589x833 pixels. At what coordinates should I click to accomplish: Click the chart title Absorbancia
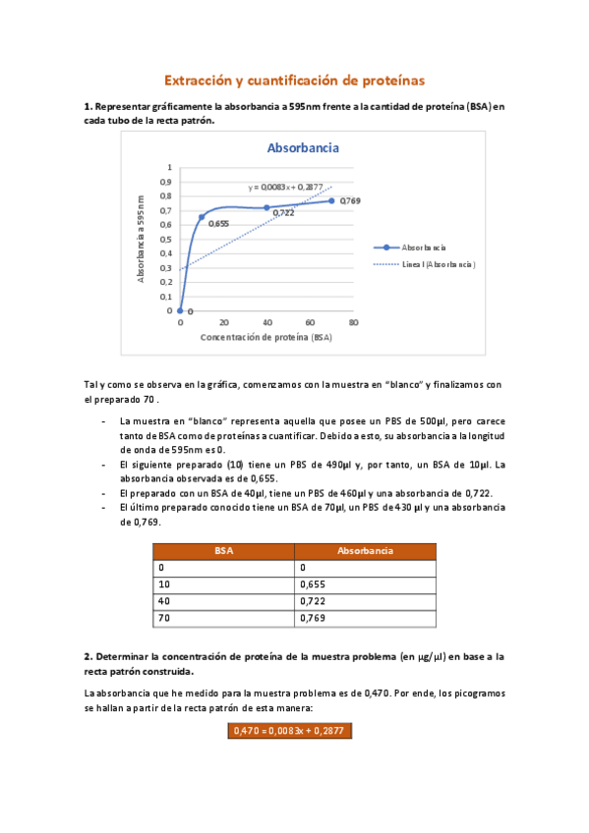[x=303, y=148]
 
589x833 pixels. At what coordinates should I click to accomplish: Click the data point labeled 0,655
[x=202, y=217]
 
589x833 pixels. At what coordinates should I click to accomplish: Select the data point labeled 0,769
[x=331, y=200]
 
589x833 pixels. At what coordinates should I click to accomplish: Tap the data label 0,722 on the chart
[x=284, y=213]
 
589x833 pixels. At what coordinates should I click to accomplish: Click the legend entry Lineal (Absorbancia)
[x=425, y=265]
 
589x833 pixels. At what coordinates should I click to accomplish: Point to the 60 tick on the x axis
[x=310, y=322]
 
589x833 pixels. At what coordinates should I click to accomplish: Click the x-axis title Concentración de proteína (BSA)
[x=265, y=337]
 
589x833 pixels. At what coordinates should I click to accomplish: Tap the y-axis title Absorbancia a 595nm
[x=141, y=239]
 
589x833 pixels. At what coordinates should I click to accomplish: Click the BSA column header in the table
[x=224, y=551]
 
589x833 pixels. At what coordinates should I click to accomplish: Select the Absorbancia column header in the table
[x=365, y=551]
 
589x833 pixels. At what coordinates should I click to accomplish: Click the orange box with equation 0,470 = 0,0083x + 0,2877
[x=289, y=731]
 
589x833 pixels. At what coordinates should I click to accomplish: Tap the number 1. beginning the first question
[x=88, y=106]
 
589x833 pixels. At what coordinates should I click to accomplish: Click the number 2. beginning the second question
[x=88, y=656]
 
